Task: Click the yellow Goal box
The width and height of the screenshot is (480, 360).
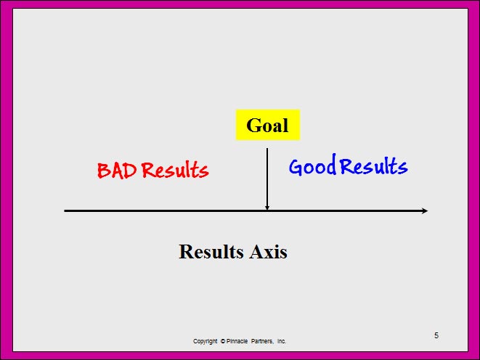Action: click(267, 125)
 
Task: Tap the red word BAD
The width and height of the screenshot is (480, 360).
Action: click(117, 171)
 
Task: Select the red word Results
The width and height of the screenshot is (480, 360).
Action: click(176, 170)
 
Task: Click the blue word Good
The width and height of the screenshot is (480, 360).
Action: click(312, 165)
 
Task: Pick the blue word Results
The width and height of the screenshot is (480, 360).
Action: click(374, 165)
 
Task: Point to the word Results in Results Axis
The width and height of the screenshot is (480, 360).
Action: click(211, 252)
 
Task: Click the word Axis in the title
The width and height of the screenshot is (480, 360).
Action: click(268, 252)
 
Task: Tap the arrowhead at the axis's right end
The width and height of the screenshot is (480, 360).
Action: click(425, 210)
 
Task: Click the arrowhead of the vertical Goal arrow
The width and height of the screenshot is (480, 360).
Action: click(267, 208)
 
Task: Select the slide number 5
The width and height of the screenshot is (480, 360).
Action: click(436, 335)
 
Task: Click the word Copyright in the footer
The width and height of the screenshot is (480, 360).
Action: click(205, 341)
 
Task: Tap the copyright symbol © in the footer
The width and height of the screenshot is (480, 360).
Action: click(223, 341)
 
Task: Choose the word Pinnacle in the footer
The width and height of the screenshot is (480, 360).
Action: click(237, 341)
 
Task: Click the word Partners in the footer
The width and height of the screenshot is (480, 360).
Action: click(262, 341)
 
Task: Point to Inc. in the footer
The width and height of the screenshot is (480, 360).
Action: click(282, 341)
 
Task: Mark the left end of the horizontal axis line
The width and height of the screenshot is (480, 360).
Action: click(65, 210)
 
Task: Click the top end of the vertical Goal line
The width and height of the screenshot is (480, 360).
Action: click(267, 149)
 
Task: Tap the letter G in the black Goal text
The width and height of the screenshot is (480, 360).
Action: click(253, 125)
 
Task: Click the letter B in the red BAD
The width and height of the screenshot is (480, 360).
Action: click(103, 171)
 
